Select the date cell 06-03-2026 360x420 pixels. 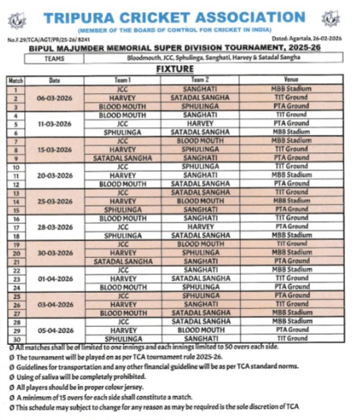click(54, 98)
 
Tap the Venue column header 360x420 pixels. click(291, 80)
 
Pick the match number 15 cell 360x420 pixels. click(16, 209)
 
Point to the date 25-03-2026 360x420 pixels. click(54, 201)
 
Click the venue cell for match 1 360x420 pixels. click(291, 89)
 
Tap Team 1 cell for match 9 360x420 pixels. click(122, 158)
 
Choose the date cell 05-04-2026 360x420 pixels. click(54, 330)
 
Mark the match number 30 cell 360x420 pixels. click(16, 339)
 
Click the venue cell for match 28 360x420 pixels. click(291, 322)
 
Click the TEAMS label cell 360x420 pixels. click(54, 58)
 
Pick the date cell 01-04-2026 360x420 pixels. click(54, 279)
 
